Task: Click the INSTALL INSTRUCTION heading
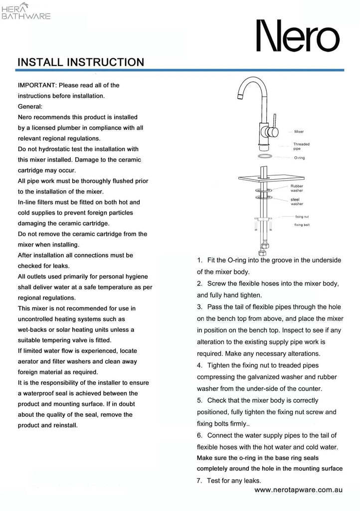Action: pos(81,62)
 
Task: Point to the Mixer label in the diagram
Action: pos(299,132)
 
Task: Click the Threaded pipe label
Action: pos(301,146)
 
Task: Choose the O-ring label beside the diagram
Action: pos(300,158)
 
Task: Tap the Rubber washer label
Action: pos(297,188)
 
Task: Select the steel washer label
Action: pos(297,202)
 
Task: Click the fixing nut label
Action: pos(302,217)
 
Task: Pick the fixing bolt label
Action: pos(302,225)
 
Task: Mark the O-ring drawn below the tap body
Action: pos(265,156)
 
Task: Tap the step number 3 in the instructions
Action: pos(199,306)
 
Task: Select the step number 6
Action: pos(199,435)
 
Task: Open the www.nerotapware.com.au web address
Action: pos(298,491)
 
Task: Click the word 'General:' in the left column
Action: pos(30,106)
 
